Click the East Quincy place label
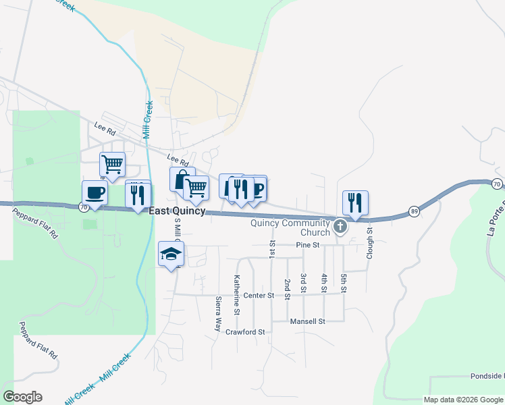pyautogui.click(x=177, y=211)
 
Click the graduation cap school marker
pyautogui.click(x=171, y=254)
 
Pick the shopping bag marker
pyautogui.click(x=182, y=180)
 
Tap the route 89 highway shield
pyautogui.click(x=413, y=212)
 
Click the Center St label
pyautogui.click(x=259, y=295)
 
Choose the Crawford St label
pyautogui.click(x=245, y=332)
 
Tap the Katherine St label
pyautogui.click(x=237, y=294)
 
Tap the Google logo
pyautogui.click(x=22, y=397)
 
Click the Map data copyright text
pyautogui.click(x=463, y=400)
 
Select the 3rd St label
pyautogui.click(x=304, y=283)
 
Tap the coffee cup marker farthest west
pyautogui.click(x=95, y=193)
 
